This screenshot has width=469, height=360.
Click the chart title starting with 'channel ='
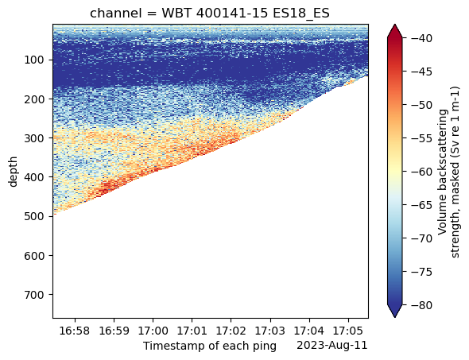[x=210, y=14]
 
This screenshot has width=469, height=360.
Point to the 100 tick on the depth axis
[x=34, y=60]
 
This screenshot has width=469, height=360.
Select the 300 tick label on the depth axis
[x=34, y=137]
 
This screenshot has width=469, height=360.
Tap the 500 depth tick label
[x=34, y=216]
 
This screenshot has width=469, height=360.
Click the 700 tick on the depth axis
[x=34, y=295]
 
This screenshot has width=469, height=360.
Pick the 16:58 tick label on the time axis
[x=75, y=331]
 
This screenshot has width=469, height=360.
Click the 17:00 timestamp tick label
[x=153, y=331]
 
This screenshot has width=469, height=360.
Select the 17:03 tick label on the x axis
[x=270, y=331]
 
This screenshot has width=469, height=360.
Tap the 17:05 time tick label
[x=348, y=331]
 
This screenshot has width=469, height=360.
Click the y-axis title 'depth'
[x=14, y=172]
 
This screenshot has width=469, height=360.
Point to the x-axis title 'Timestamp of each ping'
[x=210, y=346]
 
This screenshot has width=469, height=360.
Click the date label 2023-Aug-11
[x=332, y=346]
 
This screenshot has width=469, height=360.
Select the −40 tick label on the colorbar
[x=421, y=38]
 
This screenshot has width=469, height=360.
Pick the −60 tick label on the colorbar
[x=421, y=172]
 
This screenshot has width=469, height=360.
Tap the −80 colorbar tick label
[x=421, y=305]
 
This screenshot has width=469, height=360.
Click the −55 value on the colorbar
[x=421, y=138]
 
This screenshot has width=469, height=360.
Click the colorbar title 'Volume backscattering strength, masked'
[x=448, y=172]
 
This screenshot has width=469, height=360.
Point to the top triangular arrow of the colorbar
[x=395, y=32]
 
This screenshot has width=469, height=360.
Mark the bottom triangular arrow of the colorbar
[x=395, y=311]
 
